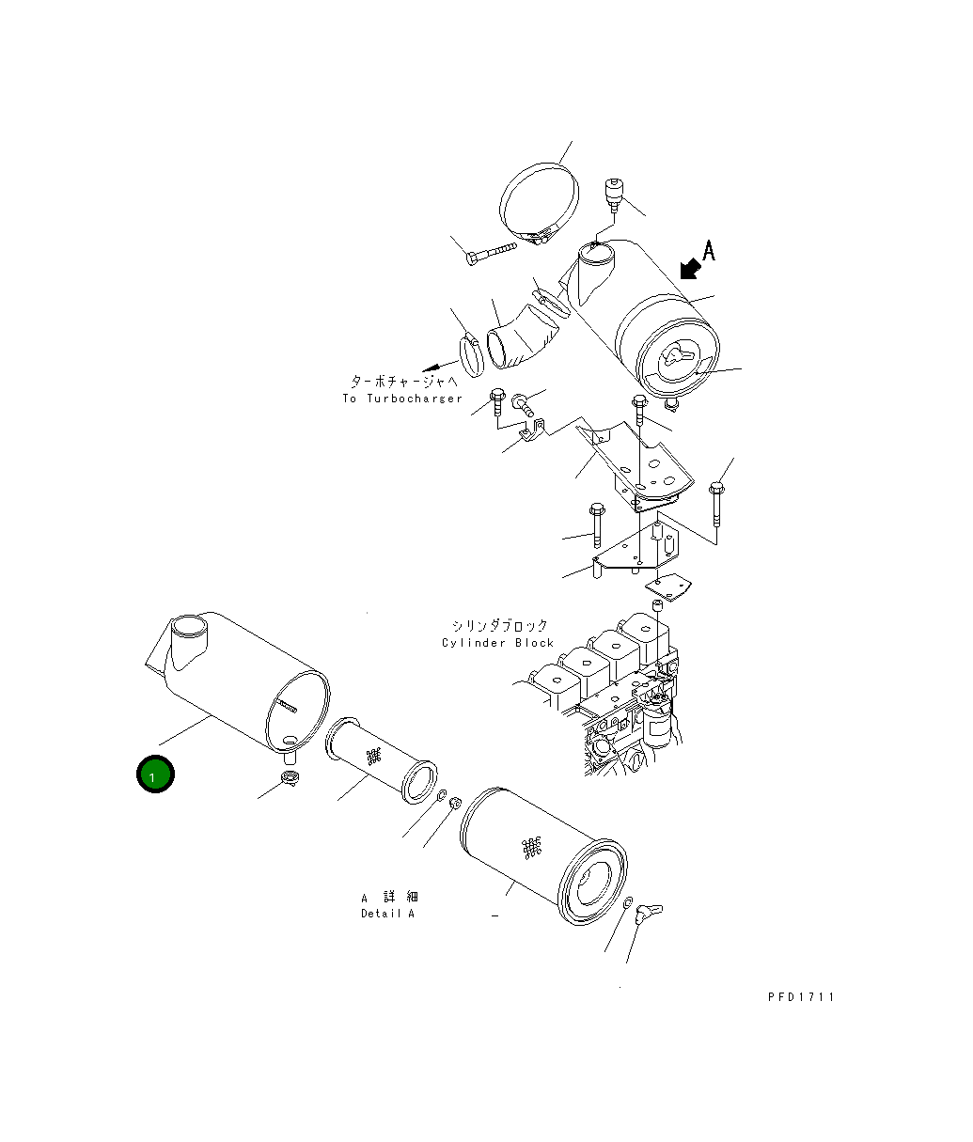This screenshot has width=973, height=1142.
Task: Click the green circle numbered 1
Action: click(x=154, y=774)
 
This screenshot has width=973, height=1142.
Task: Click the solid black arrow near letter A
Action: click(x=689, y=269)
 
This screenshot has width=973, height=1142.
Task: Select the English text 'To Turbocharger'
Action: click(x=402, y=399)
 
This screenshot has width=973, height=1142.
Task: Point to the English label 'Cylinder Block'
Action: click(x=497, y=643)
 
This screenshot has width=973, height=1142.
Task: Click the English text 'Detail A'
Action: click(x=387, y=914)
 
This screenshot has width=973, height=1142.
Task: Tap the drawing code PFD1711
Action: click(x=800, y=997)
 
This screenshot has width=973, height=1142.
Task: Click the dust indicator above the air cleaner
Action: click(x=612, y=194)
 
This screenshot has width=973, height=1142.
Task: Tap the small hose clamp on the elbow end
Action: click(x=472, y=352)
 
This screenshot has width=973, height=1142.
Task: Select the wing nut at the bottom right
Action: click(x=649, y=912)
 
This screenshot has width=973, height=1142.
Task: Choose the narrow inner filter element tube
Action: click(x=381, y=759)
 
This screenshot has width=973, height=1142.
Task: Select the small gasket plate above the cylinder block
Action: click(x=668, y=588)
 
